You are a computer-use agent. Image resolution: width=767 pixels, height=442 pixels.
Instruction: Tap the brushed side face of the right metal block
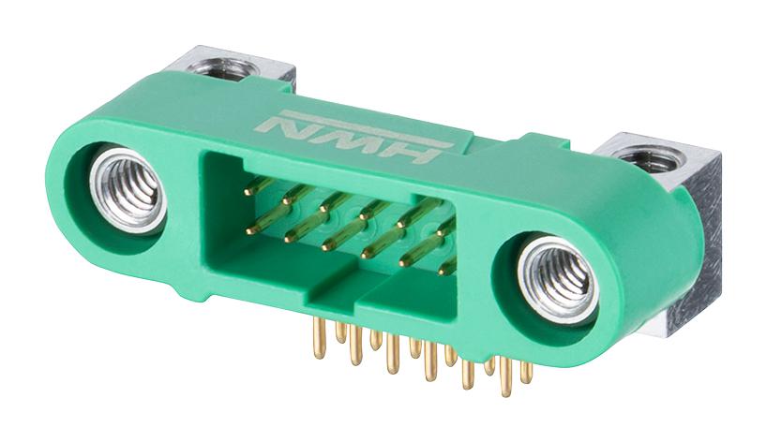711,243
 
